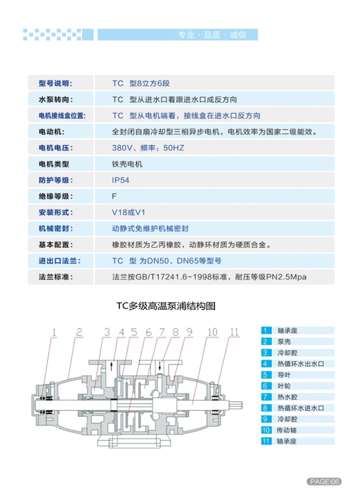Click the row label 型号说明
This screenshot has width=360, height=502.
point(55,83)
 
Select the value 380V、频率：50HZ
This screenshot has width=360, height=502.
point(148,148)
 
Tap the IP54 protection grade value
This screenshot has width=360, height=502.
point(121,181)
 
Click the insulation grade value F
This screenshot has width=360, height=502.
point(114,196)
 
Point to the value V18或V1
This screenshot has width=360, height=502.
point(128,212)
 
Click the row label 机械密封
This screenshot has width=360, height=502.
point(55,228)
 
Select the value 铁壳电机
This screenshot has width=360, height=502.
point(127,165)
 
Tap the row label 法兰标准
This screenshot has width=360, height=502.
point(55,277)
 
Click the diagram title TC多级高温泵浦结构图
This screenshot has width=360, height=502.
point(166,306)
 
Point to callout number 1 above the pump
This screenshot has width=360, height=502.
point(54,333)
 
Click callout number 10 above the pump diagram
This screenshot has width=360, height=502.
point(213,332)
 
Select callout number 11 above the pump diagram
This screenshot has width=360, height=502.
point(234,332)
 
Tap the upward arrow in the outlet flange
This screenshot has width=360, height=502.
point(111,366)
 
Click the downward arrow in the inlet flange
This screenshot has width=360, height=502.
point(160,366)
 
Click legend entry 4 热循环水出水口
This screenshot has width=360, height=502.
point(293,364)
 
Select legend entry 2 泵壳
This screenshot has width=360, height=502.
point(276,342)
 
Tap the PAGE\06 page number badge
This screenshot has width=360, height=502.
point(324,481)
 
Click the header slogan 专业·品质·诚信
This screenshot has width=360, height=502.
point(209,35)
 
